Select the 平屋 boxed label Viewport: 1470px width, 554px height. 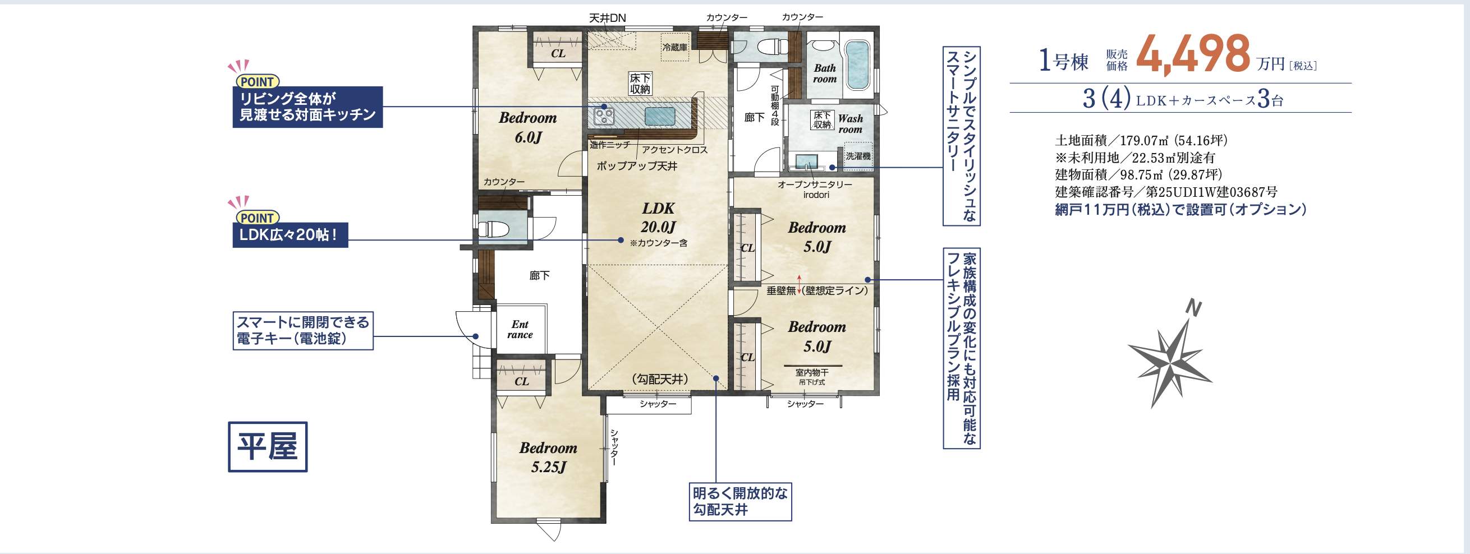(268, 447)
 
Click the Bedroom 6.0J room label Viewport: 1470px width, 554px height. (527, 127)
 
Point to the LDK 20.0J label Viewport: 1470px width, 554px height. (658, 218)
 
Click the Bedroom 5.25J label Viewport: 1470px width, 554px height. (548, 457)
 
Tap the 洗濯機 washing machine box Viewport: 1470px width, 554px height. (858, 155)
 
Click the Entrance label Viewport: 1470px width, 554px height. (520, 330)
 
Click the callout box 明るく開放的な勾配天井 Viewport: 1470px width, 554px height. (739, 501)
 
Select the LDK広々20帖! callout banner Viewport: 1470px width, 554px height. (290, 235)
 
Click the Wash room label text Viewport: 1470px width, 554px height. (850, 124)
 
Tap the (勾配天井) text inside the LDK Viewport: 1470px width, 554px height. (660, 379)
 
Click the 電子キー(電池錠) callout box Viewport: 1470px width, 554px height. (302, 330)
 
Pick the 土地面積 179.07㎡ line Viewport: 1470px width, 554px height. (1141, 140)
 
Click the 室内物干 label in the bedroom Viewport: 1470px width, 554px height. (811, 372)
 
